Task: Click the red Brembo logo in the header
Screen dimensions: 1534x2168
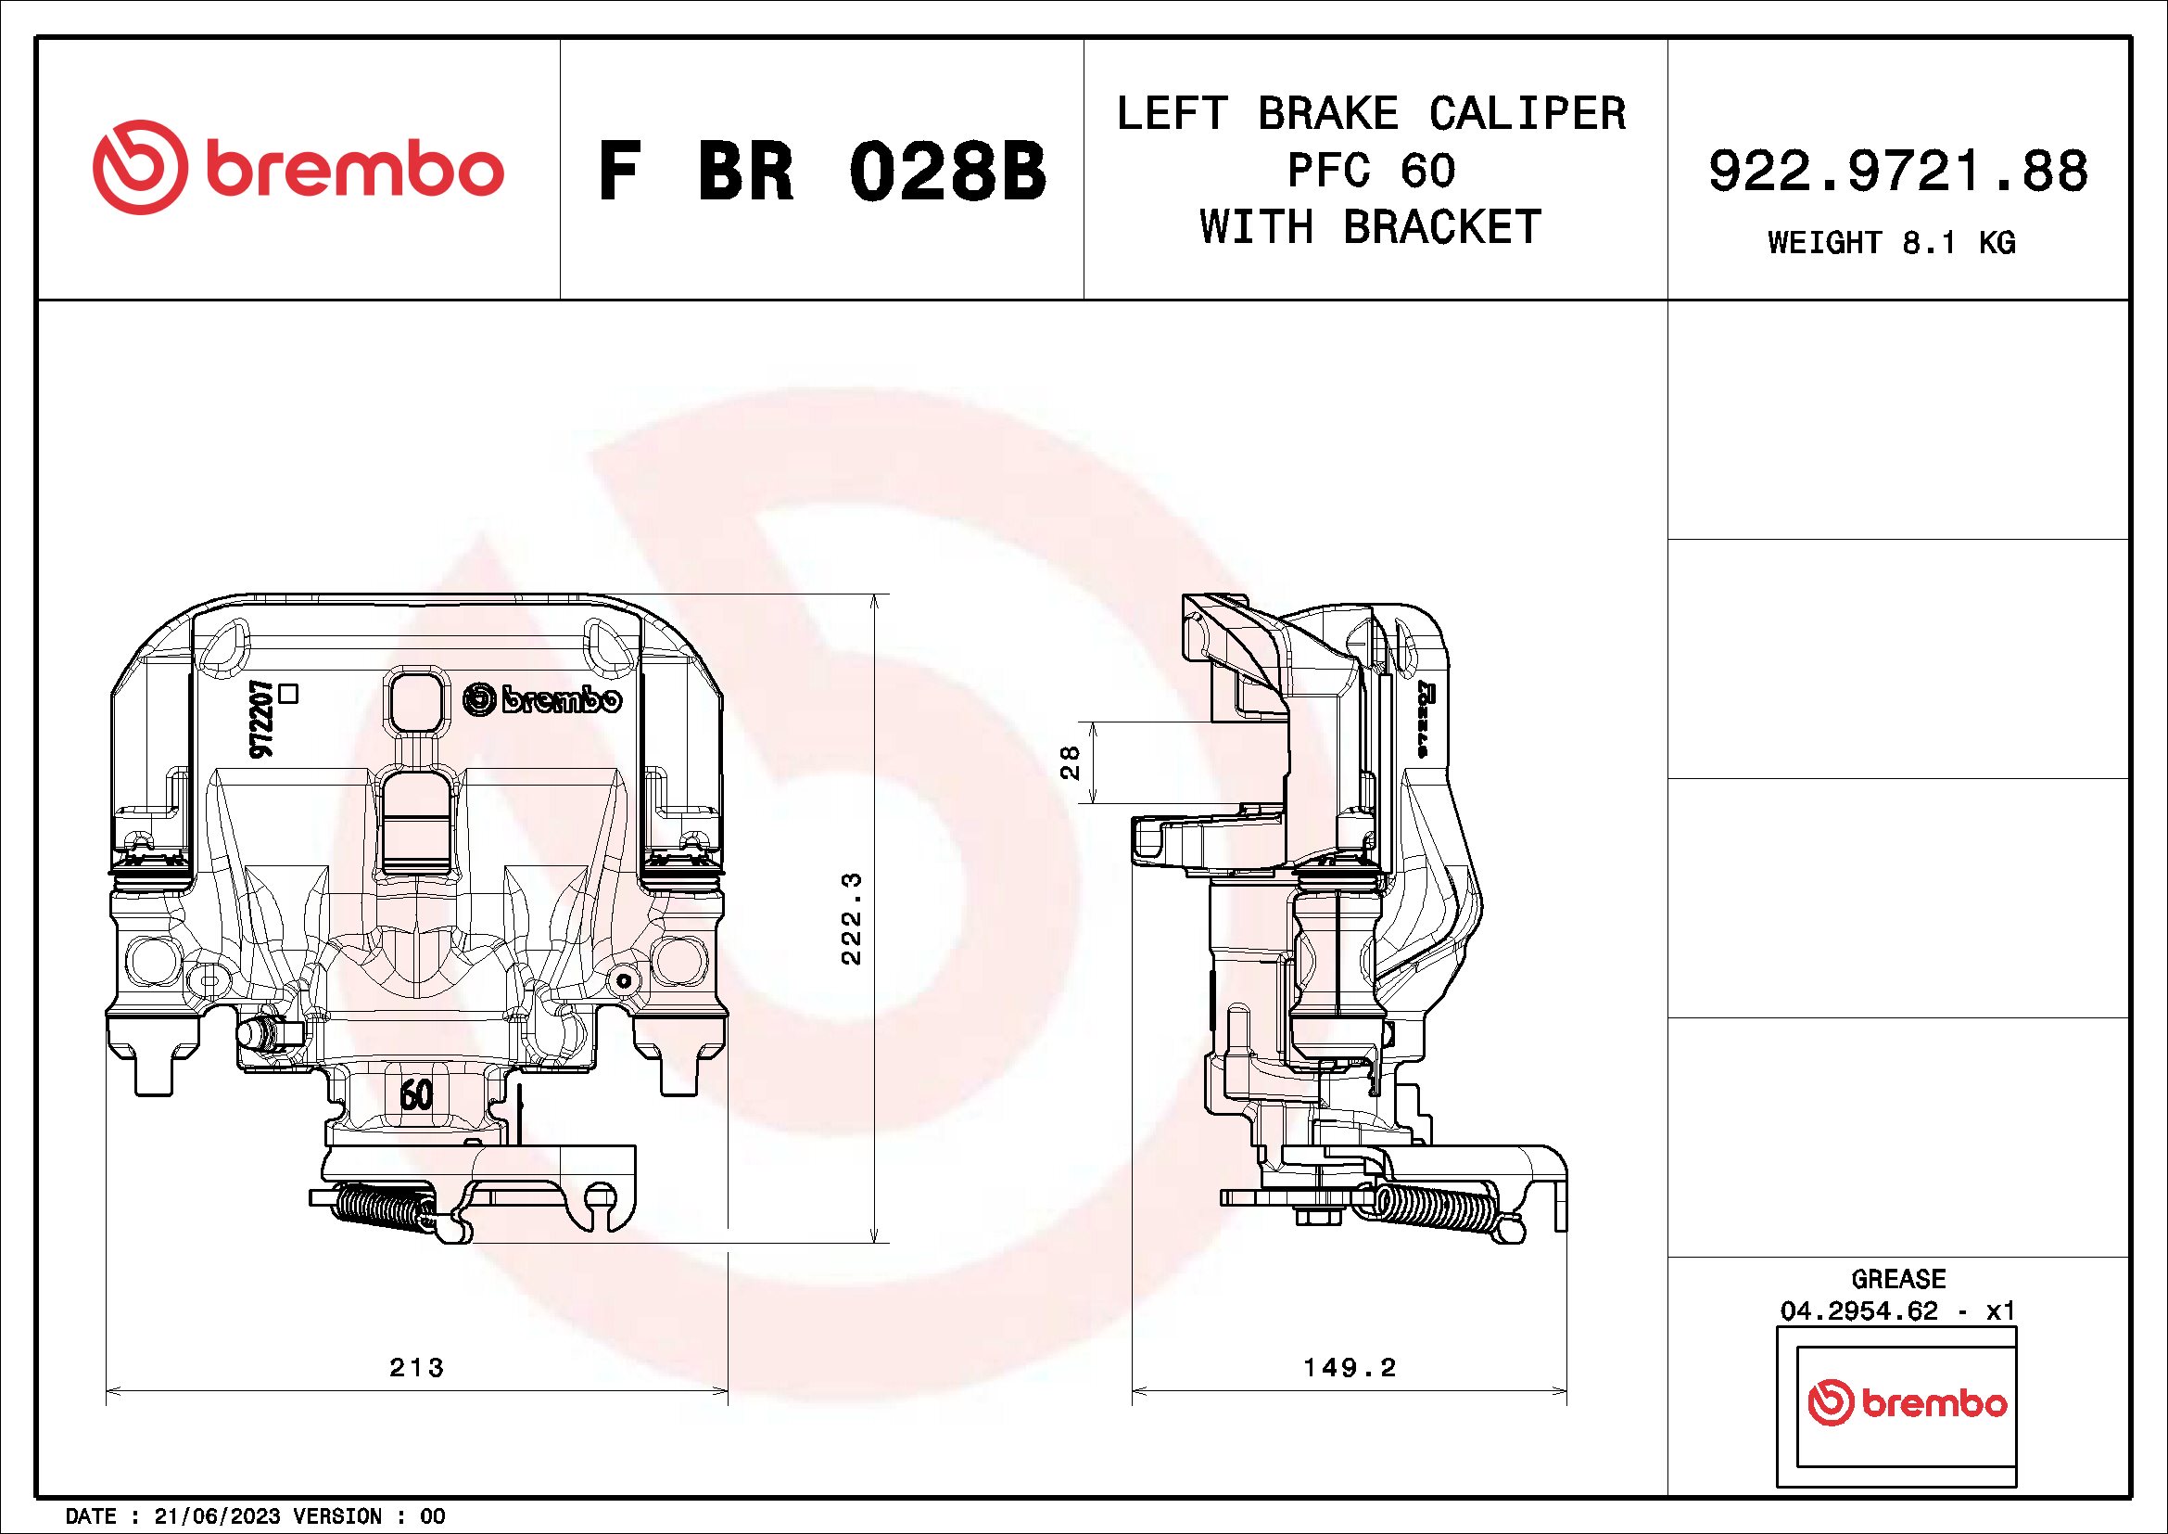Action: tap(298, 168)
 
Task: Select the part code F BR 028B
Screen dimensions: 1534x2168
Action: tap(821, 173)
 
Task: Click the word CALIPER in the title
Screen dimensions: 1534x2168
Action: tap(1527, 114)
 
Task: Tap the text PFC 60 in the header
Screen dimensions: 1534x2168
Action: tap(1371, 171)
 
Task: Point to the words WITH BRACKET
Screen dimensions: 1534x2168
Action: tap(1370, 226)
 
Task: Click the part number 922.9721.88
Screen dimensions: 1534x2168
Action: tap(1898, 172)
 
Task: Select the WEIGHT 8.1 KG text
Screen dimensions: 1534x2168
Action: tap(1892, 243)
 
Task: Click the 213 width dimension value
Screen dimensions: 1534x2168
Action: tap(416, 1367)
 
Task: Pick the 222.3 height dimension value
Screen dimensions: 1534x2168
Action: tap(852, 918)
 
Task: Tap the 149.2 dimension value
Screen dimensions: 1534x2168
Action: tap(1350, 1367)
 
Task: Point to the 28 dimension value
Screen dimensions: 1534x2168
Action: tap(1070, 762)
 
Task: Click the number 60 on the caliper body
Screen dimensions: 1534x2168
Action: tap(416, 1093)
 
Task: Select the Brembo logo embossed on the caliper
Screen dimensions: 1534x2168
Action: tap(543, 700)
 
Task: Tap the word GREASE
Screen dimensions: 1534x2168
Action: tap(1898, 1279)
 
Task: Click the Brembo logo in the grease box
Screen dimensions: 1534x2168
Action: tap(1907, 1403)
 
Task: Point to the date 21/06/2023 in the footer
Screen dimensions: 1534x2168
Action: tap(217, 1516)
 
